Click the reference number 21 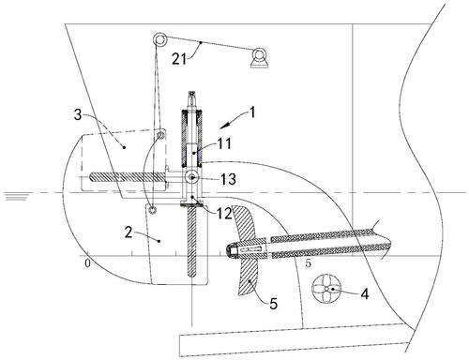[179, 59]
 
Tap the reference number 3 [78, 114]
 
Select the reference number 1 [252, 112]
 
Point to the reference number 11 [224, 143]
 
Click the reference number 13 [228, 179]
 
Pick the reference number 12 [224, 214]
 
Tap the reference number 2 [129, 232]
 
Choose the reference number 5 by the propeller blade [274, 304]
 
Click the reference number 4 [365, 294]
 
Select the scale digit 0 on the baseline [87, 263]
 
